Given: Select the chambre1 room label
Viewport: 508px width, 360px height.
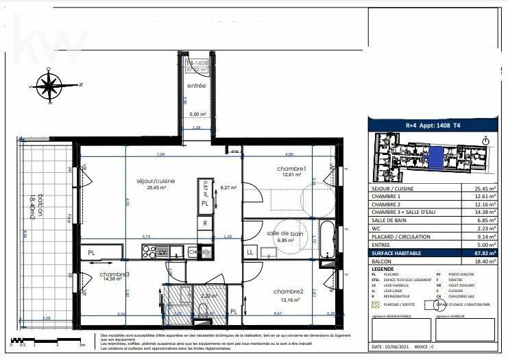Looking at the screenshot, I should pos(291,169).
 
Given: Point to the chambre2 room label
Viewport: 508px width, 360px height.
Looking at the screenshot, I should pos(287,291).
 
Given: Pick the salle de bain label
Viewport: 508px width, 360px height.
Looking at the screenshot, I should pos(285,234).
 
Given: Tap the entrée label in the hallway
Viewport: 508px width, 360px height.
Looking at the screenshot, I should pos(197,86).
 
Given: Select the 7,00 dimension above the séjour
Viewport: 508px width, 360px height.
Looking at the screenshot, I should pos(160,154).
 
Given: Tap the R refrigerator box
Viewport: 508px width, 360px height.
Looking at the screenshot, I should pos(204,224).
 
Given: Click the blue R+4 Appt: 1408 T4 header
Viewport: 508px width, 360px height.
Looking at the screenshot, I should pos(433,125).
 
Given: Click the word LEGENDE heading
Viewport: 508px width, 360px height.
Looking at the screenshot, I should pos(384,269).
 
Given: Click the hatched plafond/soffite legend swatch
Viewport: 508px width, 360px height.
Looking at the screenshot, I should pos(375,304).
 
